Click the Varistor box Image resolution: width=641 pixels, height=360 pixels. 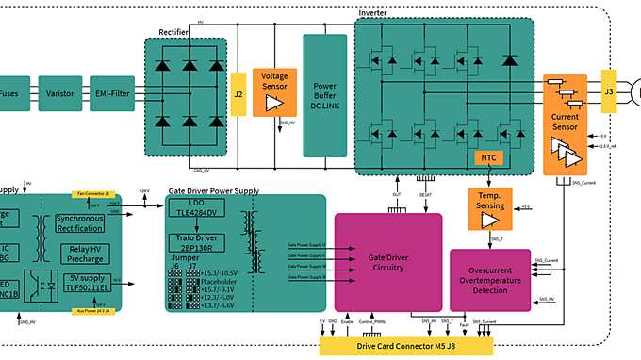pos(60,93)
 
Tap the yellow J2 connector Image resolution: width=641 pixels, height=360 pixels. pos(238,93)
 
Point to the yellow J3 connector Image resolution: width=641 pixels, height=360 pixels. pos(608,92)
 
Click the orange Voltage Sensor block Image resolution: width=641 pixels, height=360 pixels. pos(275,92)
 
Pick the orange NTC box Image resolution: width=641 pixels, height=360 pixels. pos(486,157)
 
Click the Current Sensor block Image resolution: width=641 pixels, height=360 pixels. pos(564,123)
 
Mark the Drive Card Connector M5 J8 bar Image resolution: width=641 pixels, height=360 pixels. pos(405,346)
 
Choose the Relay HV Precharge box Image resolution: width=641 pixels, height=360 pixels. pos(85,254)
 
